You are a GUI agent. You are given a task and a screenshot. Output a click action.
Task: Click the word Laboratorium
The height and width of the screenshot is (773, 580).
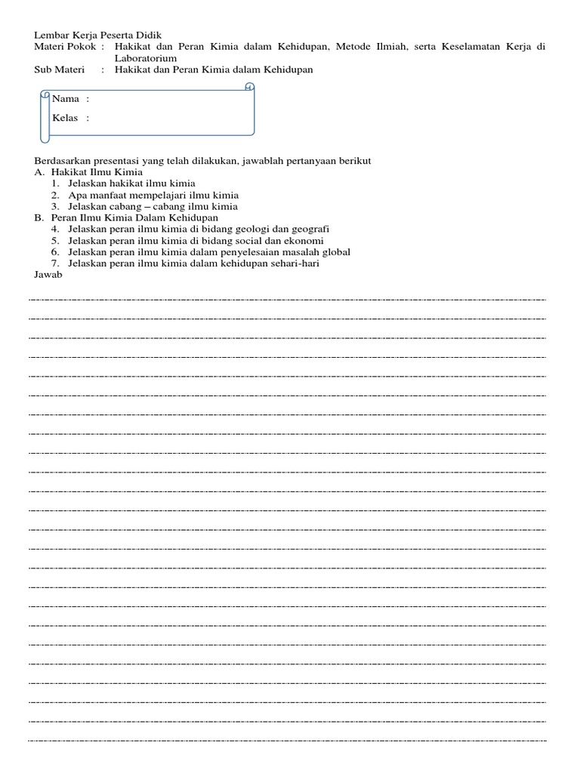pos(146,58)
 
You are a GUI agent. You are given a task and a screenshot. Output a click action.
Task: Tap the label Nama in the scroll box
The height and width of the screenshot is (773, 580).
pos(66,99)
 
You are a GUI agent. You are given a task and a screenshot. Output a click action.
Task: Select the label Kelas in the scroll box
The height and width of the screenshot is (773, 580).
pos(66,118)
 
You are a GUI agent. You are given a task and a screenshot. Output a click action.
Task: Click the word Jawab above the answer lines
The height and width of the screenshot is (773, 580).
pos(48,274)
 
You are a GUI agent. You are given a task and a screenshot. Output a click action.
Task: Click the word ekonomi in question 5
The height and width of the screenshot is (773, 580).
pos(303,240)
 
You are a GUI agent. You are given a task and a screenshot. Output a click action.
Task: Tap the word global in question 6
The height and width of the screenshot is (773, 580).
pos(335,251)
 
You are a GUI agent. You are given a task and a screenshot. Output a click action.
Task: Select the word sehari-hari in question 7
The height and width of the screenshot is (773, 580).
pos(296,263)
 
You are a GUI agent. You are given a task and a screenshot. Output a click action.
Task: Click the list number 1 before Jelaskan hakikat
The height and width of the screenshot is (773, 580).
pos(54,183)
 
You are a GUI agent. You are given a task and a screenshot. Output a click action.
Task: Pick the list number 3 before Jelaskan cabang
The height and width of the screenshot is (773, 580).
pos(54,206)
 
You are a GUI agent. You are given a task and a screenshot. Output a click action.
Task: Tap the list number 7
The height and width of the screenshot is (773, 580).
pos(54,263)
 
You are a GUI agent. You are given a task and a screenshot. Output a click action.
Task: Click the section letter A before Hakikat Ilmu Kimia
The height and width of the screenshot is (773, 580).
pos(39,172)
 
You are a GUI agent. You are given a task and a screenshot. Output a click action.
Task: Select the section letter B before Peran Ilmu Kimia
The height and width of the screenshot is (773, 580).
pos(39,217)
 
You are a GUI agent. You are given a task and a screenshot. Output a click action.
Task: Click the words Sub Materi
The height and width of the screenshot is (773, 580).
pos(60,69)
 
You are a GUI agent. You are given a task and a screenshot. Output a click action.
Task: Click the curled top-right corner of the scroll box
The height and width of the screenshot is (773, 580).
pos(250,88)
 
